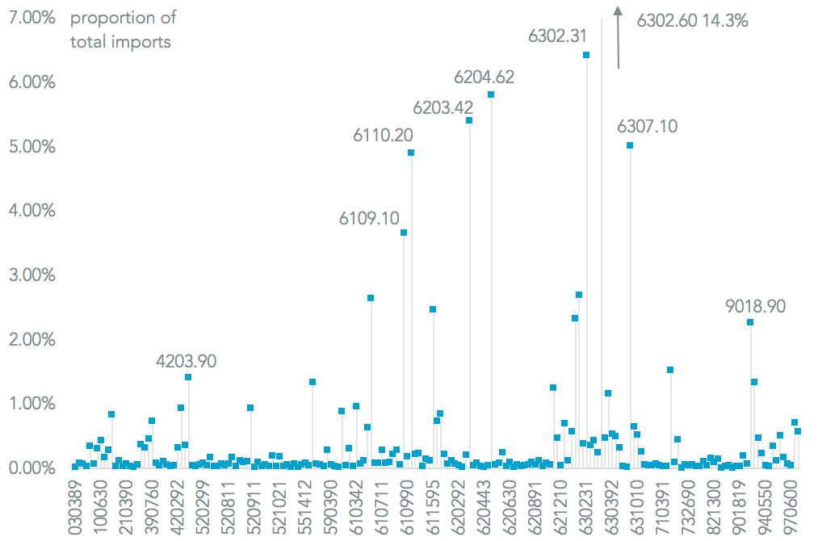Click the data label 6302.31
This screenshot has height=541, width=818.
558,36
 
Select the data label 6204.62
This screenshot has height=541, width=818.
484,78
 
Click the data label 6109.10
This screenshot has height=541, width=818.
369,218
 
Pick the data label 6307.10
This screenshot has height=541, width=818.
647,126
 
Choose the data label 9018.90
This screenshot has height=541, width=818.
755,307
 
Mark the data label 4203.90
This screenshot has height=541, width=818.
187,361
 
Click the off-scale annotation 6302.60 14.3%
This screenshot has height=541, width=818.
692,22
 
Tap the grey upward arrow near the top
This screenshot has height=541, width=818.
618,36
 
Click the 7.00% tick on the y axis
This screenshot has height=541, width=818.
31,18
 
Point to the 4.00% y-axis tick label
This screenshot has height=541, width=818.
31,211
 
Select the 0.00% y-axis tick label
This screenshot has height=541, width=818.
31,468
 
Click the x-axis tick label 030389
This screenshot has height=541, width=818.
75,507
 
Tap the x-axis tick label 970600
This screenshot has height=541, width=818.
791,507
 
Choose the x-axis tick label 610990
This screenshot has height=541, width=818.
405,507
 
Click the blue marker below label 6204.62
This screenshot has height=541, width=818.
491,94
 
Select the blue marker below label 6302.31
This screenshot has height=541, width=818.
586,55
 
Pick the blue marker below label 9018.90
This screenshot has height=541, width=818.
750,322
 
